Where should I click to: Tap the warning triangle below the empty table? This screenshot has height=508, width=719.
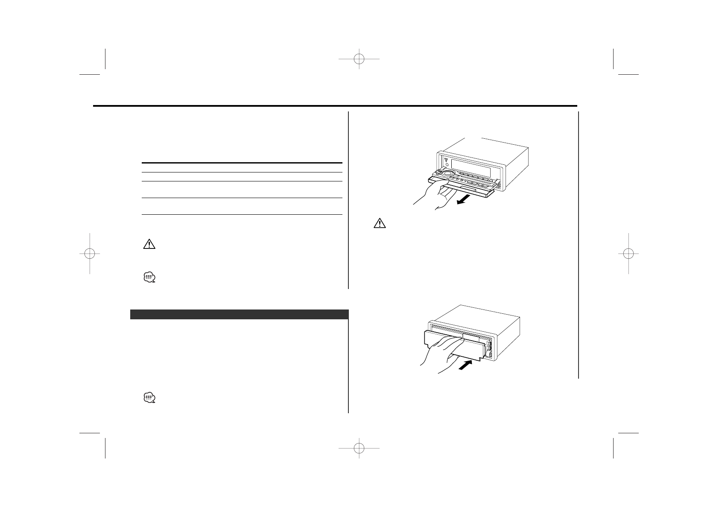coord(149,244)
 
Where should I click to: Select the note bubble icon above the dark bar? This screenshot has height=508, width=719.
coord(149,278)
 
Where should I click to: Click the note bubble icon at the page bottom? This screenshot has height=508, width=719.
coord(149,398)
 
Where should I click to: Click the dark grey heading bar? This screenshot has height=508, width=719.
coord(239,314)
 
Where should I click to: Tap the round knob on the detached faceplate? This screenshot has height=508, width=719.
coord(447,174)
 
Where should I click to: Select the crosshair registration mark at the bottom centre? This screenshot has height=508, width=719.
coord(359,448)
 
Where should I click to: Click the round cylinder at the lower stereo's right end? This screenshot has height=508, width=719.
coord(491,354)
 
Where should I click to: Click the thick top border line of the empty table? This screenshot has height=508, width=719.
coord(242,163)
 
